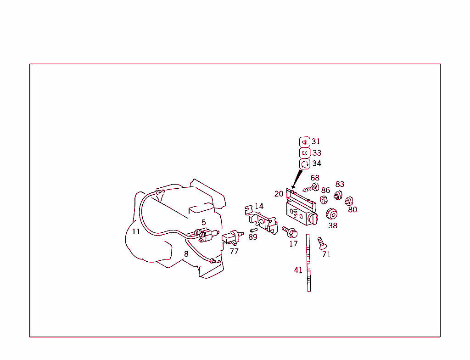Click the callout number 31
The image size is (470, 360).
coord(316,141)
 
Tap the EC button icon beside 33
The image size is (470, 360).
coord(304,153)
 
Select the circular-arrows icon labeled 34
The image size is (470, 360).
coord(304,164)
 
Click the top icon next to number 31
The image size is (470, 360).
coord(304,142)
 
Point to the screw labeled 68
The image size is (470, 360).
coord(312,188)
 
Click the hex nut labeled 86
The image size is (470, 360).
coord(323,199)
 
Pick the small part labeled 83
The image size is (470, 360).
coord(339,196)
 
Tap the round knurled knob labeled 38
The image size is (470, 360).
coord(331,214)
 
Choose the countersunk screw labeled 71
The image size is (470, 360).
coord(320,241)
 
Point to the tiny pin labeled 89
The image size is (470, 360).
coord(253,230)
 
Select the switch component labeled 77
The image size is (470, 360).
coord(231,238)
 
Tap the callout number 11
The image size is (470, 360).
coord(136,231)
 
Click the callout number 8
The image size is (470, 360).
coord(186,254)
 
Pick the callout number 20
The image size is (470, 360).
coord(279,194)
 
